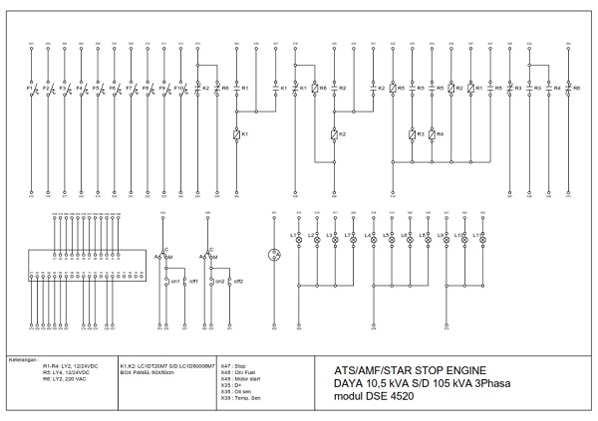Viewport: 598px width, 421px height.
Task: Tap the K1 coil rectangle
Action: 235,134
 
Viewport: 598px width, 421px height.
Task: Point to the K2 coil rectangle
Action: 334,134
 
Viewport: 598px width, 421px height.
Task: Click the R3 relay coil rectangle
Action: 413,134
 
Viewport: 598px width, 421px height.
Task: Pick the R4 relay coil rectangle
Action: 431,134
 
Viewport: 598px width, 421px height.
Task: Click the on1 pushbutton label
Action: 175,282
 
